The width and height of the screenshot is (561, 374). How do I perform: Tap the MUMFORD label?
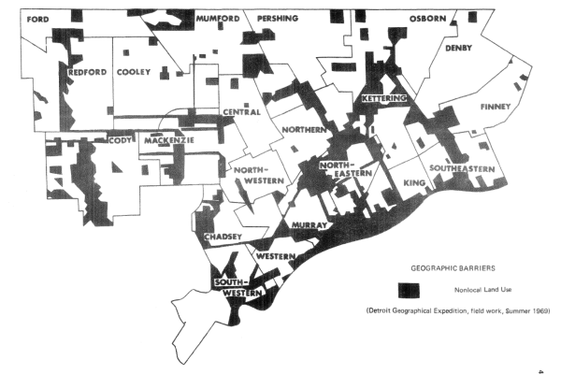218,18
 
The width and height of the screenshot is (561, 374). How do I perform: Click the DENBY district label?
459,48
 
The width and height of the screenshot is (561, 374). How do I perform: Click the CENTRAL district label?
241,112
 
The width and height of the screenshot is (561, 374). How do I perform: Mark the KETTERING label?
384,99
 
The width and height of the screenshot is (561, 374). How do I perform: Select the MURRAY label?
309,225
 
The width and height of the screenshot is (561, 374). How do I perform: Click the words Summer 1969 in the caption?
524,309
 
